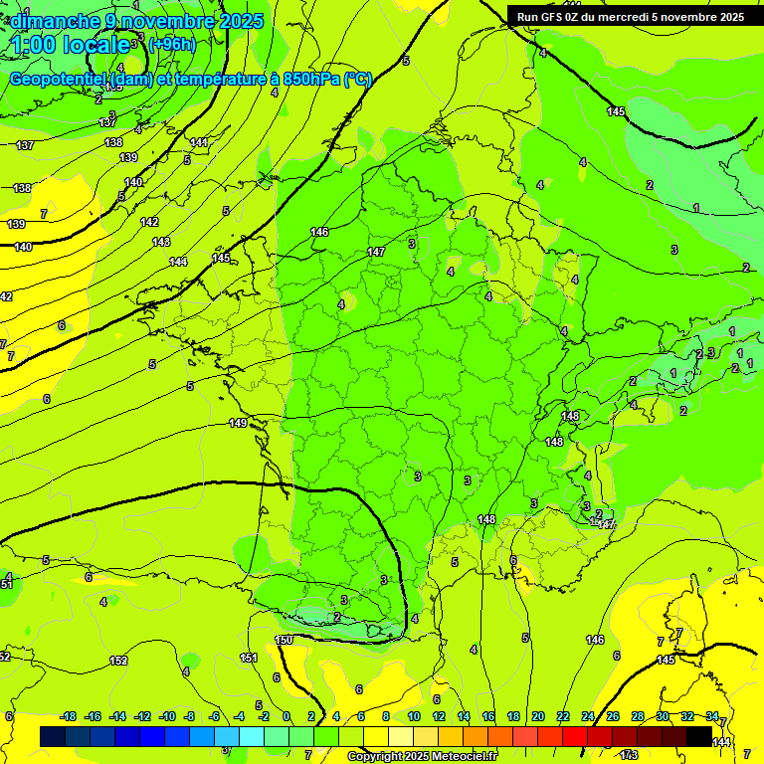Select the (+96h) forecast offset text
[172, 45]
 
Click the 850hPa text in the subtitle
[308, 80]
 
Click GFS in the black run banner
[553, 17]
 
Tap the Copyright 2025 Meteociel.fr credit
[422, 757]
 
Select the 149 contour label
[238, 424]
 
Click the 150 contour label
[284, 640]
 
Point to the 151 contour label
[249, 658]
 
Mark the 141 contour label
[200, 143]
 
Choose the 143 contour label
[161, 243]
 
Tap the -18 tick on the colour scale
[69, 717]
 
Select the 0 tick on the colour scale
[286, 717]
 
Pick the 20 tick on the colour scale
[538, 717]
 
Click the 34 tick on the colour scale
[712, 717]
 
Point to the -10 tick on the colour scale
[168, 717]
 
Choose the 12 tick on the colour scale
[439, 717]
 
